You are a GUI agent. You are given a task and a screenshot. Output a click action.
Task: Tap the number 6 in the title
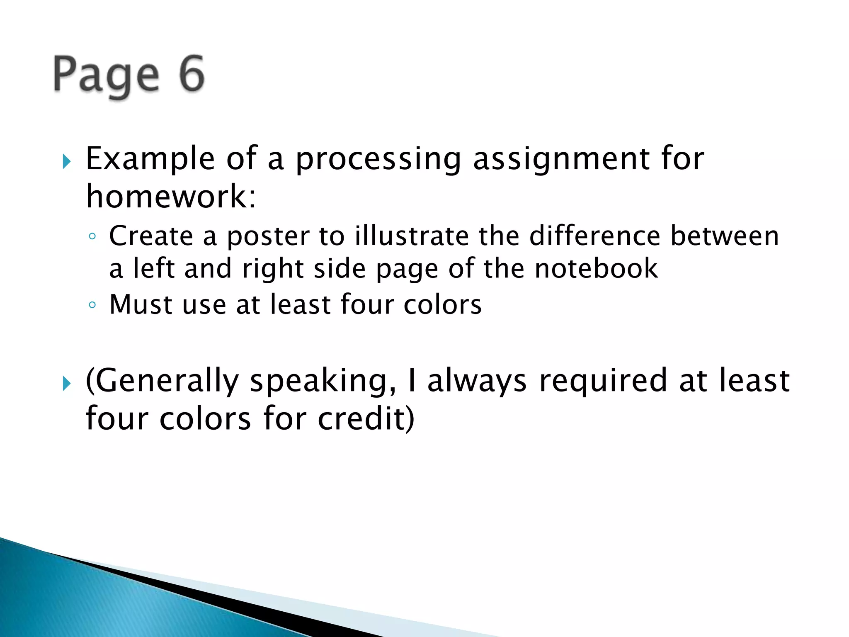(192, 74)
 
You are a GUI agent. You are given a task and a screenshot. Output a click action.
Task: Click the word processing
(378, 160)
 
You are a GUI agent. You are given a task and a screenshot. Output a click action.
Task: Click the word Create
(151, 236)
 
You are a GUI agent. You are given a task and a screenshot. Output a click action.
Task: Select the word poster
(268, 237)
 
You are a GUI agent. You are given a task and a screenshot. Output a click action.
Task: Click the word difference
(594, 236)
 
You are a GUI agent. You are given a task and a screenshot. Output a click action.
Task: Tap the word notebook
(596, 269)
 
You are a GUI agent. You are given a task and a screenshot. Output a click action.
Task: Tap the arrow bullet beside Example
(66, 161)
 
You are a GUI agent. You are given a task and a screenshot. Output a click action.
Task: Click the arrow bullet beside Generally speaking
(66, 384)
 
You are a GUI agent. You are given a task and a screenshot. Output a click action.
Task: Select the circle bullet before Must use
(92, 305)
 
